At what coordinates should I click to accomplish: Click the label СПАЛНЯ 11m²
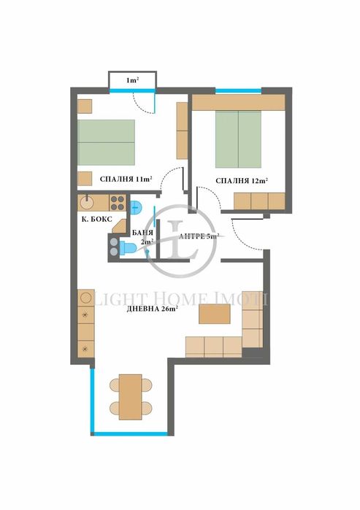pyautogui.click(x=115, y=179)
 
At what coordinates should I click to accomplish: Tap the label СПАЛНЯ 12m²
pyautogui.click(x=241, y=180)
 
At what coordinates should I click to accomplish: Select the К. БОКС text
pyautogui.click(x=96, y=217)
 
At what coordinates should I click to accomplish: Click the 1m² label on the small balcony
pyautogui.click(x=132, y=80)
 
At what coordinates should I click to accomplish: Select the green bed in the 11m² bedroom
pyautogui.click(x=107, y=142)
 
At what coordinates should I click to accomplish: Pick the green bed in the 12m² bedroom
pyautogui.click(x=238, y=139)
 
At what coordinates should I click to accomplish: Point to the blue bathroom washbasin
pyautogui.click(x=137, y=205)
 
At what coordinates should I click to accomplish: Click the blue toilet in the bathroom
pyautogui.click(x=128, y=248)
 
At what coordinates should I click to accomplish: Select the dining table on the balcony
pyautogui.click(x=131, y=397)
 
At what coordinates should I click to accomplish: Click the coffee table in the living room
pyautogui.click(x=215, y=313)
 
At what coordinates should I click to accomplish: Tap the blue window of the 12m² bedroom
pyautogui.click(x=238, y=90)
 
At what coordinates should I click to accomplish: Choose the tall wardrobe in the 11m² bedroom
pyautogui.click(x=183, y=131)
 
